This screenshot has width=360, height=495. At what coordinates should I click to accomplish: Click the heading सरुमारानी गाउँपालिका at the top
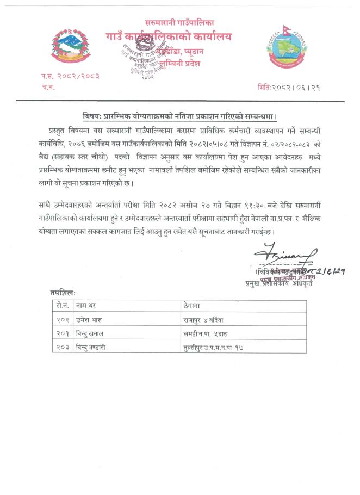pyautogui.click(x=179, y=22)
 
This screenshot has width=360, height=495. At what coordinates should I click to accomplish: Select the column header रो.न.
pyautogui.click(x=62, y=306)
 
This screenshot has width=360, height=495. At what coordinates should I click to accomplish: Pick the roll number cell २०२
pyautogui.click(x=63, y=319)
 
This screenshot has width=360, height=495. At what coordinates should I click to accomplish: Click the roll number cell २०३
pyautogui.click(x=63, y=346)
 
